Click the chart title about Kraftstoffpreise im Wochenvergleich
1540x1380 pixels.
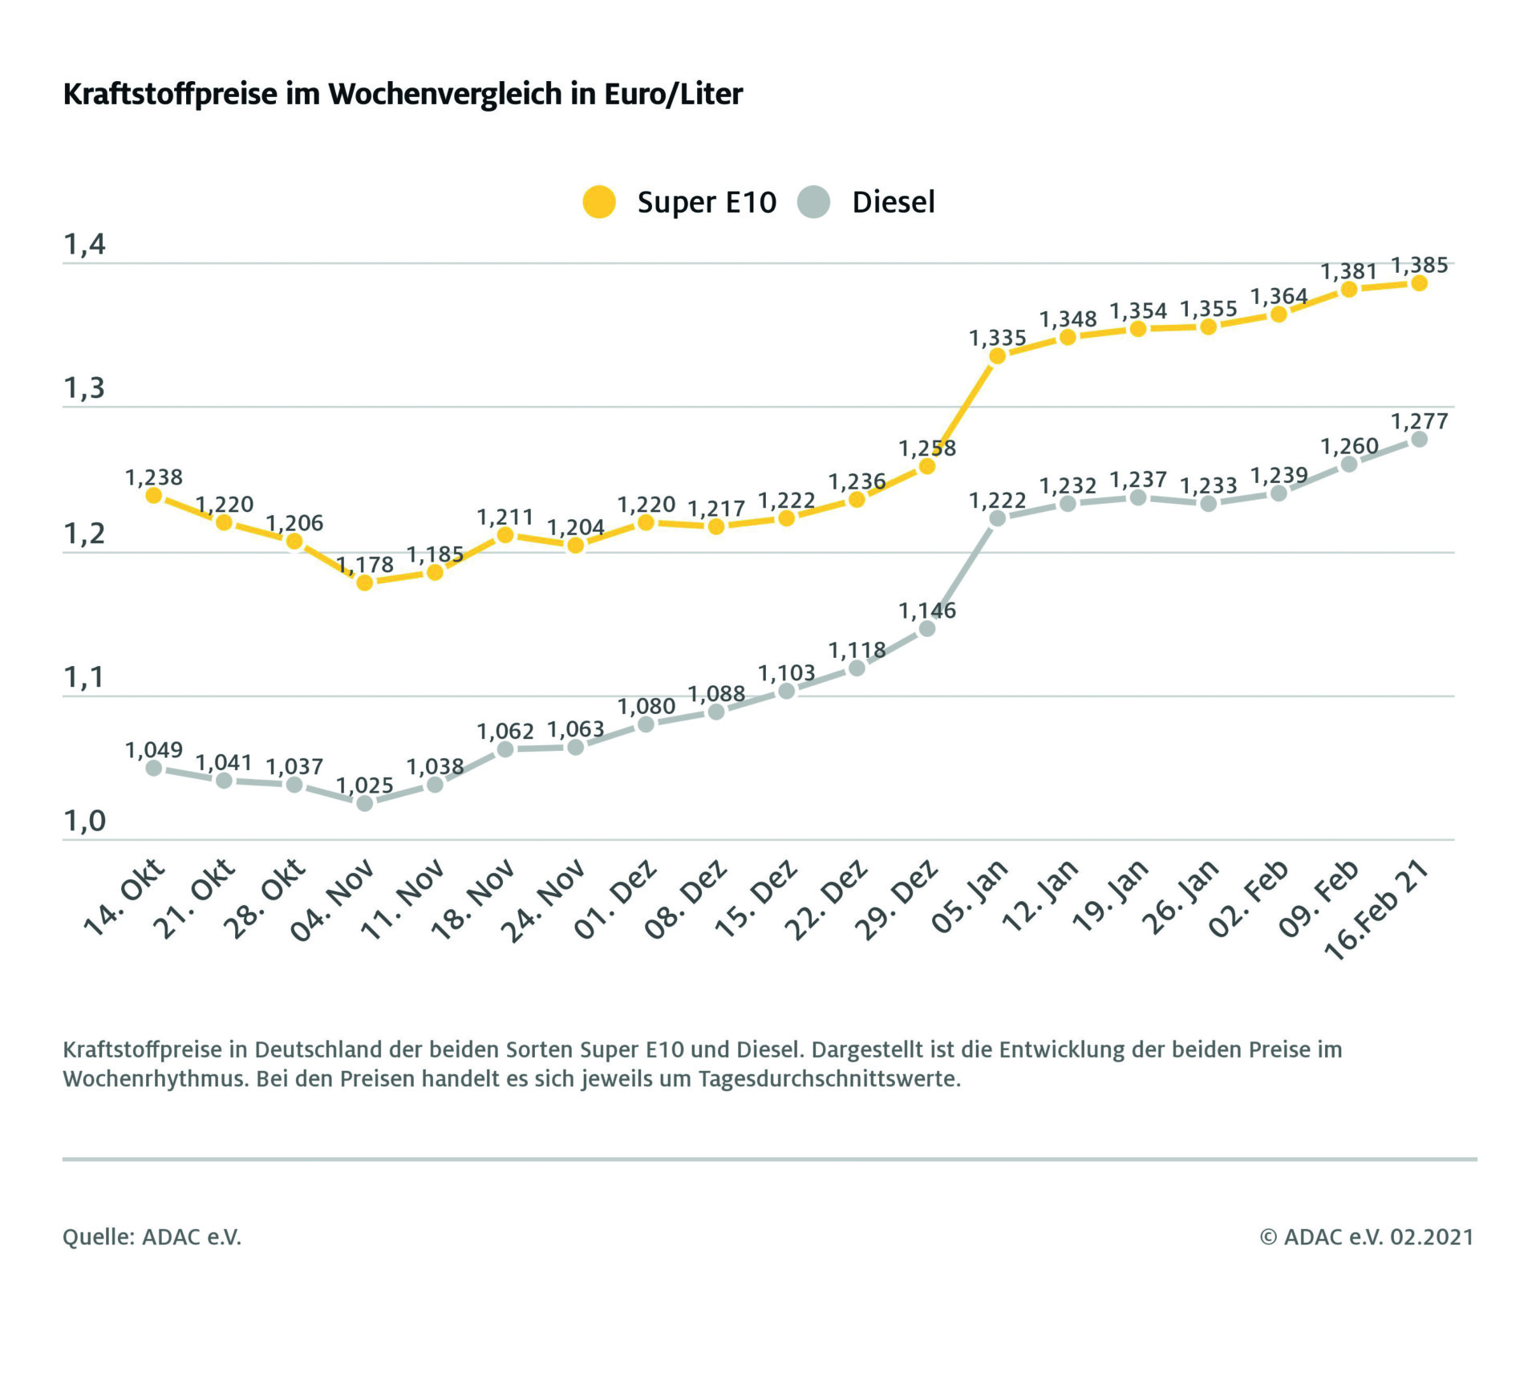point(403,94)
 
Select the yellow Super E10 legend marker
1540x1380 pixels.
point(598,202)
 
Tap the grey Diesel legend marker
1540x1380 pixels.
point(813,202)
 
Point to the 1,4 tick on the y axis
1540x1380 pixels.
point(84,245)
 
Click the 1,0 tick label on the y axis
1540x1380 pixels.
point(84,822)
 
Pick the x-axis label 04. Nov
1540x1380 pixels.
point(333,899)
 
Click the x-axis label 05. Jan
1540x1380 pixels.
point(969,896)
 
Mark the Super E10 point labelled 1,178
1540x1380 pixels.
point(364,582)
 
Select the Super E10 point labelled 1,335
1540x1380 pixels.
point(997,355)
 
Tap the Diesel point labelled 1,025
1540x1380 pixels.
point(364,803)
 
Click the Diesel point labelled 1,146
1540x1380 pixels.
point(927,628)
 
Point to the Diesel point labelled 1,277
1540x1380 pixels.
point(1419,439)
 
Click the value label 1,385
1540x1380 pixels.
point(1419,265)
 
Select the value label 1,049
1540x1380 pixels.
point(154,750)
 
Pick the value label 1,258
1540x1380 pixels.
point(927,448)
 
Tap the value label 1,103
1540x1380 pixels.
point(787,672)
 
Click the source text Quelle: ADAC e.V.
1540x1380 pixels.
point(152,1236)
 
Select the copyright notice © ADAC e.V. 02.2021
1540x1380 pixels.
point(1367,1236)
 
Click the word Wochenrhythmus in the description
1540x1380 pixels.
point(156,1079)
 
